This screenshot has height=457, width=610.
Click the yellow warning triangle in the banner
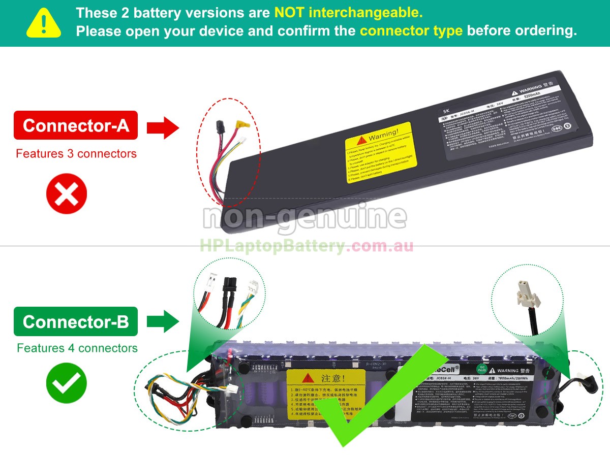44,23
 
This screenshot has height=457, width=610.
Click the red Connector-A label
76,125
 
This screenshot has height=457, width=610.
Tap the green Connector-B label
76,321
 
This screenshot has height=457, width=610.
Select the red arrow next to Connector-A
163,127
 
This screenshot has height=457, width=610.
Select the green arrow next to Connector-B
163,322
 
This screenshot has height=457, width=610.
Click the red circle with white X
67,193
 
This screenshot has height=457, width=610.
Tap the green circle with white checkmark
67,383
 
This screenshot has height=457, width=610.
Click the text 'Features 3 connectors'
76,153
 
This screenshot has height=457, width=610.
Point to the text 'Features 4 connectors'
77,348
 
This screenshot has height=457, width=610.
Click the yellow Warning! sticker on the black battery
381,151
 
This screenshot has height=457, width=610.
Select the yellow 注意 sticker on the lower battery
326,394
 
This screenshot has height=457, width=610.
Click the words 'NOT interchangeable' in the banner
348,12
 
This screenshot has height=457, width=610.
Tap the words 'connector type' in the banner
411,30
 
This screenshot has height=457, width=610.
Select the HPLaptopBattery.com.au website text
306,247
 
